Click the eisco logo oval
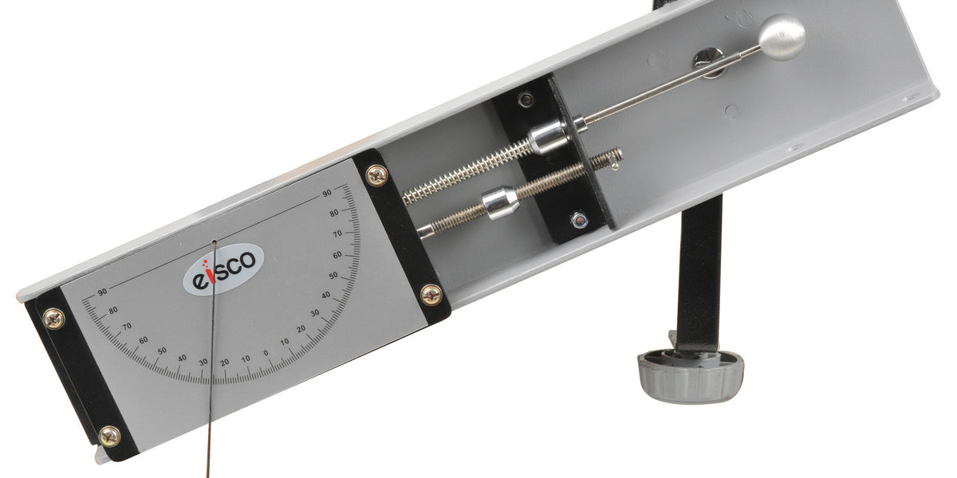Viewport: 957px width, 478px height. (223, 269)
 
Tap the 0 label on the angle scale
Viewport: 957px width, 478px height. (266, 353)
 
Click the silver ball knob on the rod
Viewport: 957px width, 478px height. (782, 37)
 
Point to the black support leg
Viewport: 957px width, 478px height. (699, 273)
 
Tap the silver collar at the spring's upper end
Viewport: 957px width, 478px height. (549, 136)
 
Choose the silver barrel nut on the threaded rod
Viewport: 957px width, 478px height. (500, 202)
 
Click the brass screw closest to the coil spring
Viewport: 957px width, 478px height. (377, 175)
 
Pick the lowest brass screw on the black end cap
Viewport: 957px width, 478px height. (109, 437)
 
